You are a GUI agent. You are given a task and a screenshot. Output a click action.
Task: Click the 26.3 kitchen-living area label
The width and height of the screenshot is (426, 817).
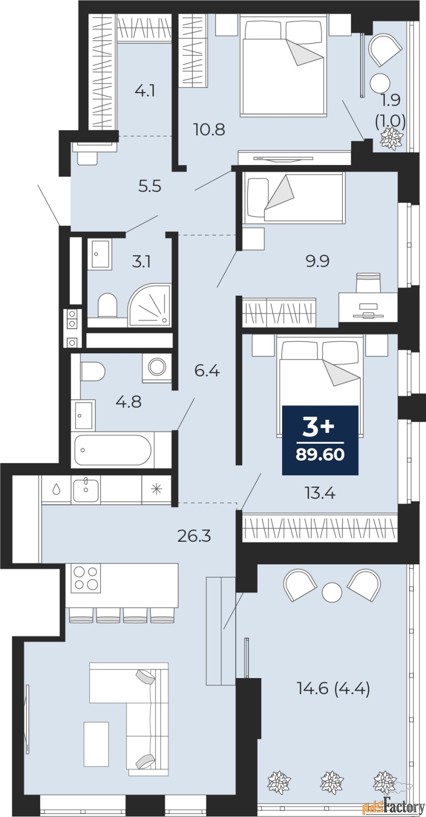click(194, 536)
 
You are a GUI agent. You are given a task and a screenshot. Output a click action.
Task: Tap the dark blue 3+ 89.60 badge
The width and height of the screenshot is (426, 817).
click(320, 440)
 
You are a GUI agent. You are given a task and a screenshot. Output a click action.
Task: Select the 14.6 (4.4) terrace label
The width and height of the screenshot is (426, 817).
click(333, 689)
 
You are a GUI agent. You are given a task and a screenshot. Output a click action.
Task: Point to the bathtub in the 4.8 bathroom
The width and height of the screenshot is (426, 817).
click(113, 450)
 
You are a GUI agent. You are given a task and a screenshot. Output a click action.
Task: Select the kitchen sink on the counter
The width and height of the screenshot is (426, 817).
click(86, 490)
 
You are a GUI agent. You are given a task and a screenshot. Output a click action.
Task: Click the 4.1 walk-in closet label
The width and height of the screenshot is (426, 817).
click(144, 92)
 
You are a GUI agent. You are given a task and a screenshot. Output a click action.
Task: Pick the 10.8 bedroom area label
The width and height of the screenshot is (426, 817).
click(209, 129)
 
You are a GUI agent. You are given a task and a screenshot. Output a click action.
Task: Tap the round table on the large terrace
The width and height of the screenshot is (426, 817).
click(332, 592)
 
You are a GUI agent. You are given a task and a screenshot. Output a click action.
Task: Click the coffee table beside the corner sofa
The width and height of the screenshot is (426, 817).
click(96, 744)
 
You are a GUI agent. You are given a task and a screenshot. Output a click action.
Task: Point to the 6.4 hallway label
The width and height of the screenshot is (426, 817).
click(207, 371)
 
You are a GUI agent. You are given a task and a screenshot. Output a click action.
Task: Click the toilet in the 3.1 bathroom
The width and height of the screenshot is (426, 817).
click(107, 305)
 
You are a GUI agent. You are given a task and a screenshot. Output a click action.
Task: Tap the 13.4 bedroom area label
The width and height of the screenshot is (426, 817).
click(319, 493)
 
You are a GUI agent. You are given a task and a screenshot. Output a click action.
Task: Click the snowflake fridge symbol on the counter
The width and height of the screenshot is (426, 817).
click(155, 489)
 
